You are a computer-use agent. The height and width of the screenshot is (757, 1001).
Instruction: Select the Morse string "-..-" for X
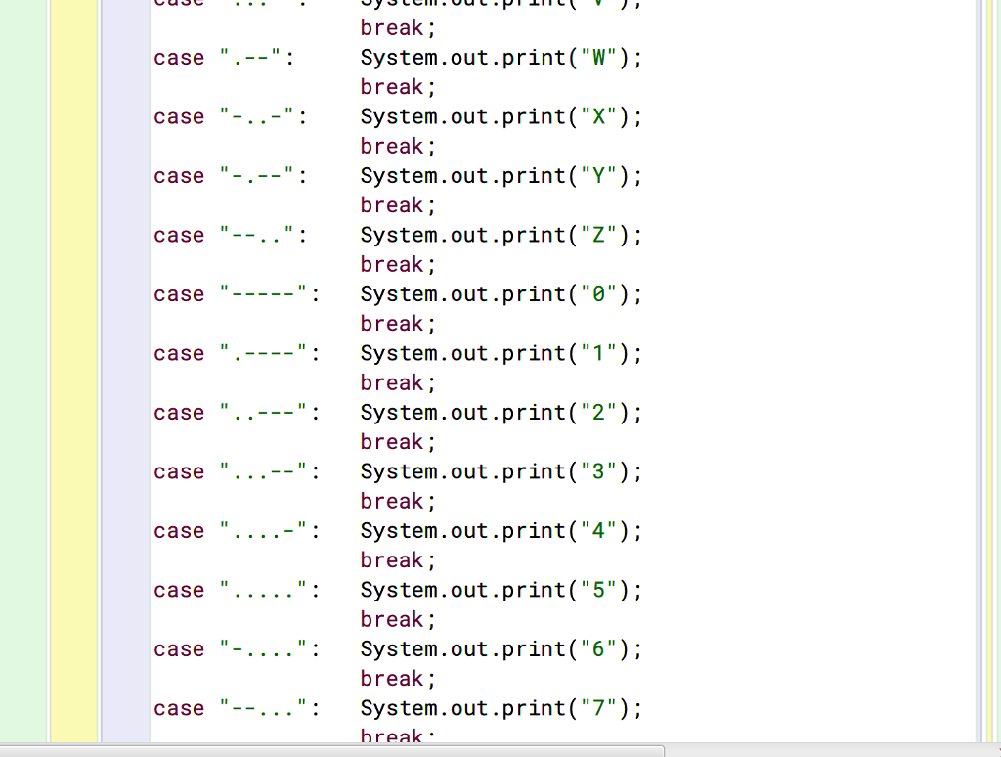tap(259, 117)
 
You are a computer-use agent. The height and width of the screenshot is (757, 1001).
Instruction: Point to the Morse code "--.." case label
tap(259, 236)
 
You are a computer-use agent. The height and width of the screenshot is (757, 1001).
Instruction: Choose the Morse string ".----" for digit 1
tap(265, 354)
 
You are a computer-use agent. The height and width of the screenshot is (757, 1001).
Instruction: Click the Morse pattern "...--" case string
tap(265, 472)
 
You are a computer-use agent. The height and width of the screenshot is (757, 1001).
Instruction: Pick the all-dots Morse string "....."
tap(265, 591)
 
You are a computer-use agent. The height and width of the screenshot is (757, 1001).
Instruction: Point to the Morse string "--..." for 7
tap(265, 709)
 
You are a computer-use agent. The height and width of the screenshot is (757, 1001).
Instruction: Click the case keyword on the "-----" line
tap(179, 294)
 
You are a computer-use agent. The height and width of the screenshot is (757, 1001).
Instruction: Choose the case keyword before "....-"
tap(179, 531)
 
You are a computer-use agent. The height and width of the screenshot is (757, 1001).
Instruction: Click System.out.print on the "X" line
tap(462, 117)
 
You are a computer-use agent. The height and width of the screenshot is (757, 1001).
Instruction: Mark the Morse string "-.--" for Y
tap(259, 176)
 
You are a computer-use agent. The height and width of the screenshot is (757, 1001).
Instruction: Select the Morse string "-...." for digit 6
tap(265, 649)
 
